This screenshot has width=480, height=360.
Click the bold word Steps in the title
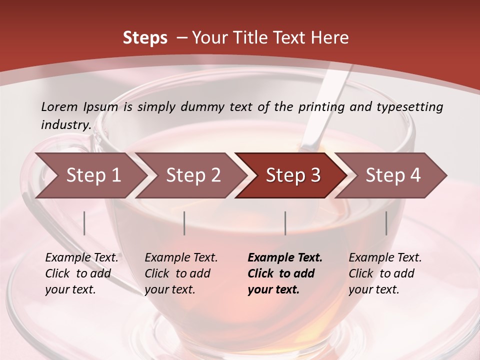(x=145, y=38)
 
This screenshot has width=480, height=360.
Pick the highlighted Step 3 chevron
(x=292, y=175)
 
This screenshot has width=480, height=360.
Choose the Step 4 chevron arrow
(x=392, y=175)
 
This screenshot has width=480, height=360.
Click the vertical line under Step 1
(x=84, y=223)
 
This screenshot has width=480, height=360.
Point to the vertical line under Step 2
(x=184, y=223)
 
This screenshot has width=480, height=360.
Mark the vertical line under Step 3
(x=285, y=223)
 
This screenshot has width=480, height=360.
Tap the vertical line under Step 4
(x=386, y=223)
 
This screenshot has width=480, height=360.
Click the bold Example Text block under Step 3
(x=285, y=273)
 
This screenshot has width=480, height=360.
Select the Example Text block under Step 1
(x=81, y=273)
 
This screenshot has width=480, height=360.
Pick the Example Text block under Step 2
(x=181, y=273)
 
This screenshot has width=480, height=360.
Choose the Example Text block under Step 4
(x=385, y=273)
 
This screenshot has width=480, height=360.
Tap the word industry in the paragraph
(x=65, y=125)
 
